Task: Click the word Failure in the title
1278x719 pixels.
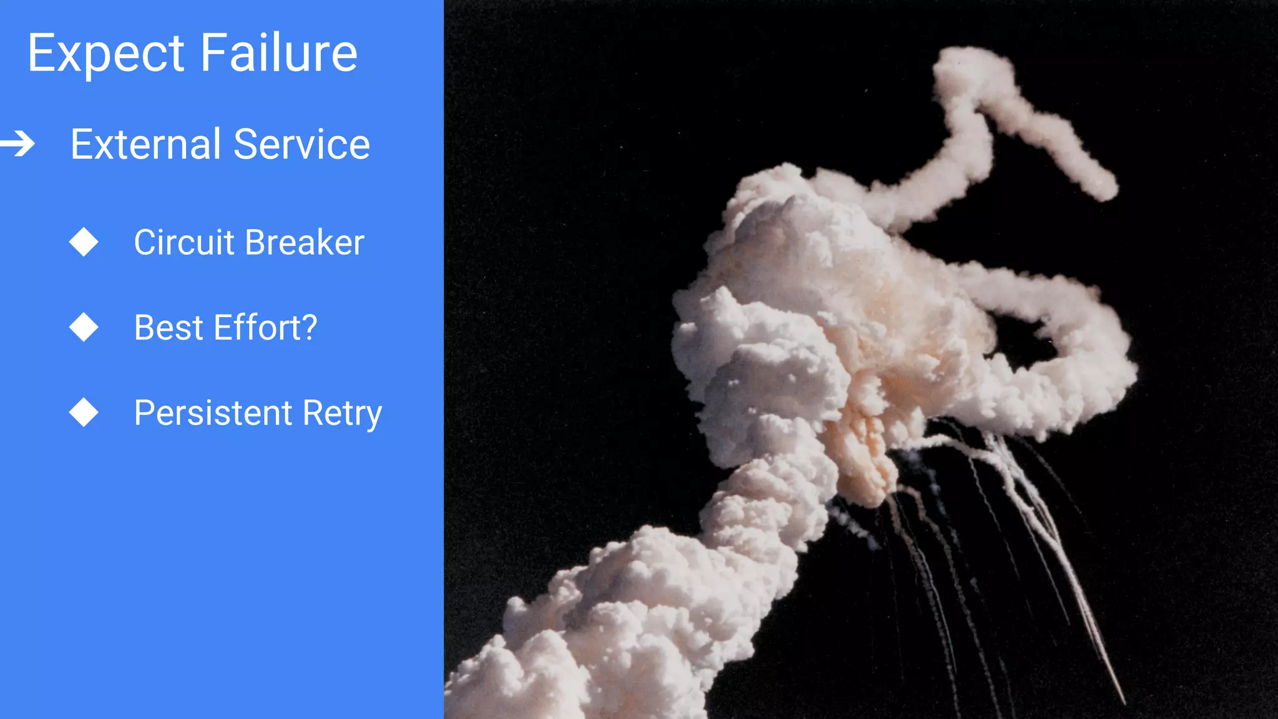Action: coord(279,53)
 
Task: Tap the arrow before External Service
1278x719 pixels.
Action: coord(18,144)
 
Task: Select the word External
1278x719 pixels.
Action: coord(145,144)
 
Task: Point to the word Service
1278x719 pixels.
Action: coord(302,144)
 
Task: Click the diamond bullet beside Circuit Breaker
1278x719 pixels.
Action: coord(84,242)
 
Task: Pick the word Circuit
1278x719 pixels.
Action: coord(184,242)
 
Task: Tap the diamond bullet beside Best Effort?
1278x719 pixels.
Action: coord(84,328)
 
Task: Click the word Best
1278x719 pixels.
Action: coord(168,328)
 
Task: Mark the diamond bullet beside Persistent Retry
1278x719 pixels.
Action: coord(84,413)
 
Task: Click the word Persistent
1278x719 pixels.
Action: coord(213,413)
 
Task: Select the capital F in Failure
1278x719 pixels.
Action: coord(213,53)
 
